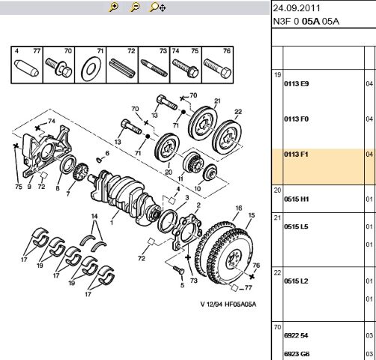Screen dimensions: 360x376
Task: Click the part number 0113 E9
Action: pyautogui.click(x=297, y=84)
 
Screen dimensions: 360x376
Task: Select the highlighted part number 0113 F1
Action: pyautogui.click(x=297, y=154)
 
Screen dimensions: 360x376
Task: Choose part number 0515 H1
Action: pyautogui.click(x=297, y=199)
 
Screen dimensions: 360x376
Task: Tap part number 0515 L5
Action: pyautogui.click(x=297, y=226)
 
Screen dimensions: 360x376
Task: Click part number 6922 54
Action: pyautogui.click(x=297, y=336)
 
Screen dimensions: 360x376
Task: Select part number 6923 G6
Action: pyautogui.click(x=297, y=352)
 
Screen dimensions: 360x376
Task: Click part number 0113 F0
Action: pyautogui.click(x=297, y=119)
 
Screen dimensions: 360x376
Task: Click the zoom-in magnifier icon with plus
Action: pyautogui.click(x=114, y=7)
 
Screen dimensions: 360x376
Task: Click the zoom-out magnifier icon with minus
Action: pyautogui.click(x=135, y=7)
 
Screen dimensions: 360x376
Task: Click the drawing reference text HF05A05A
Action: pyautogui.click(x=239, y=304)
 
